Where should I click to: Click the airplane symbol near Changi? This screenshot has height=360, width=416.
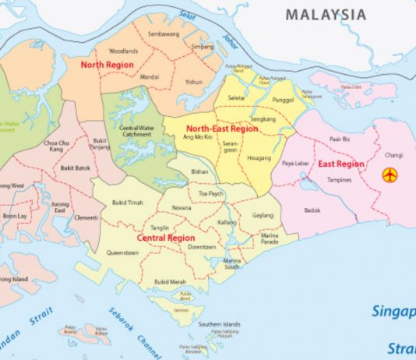390,175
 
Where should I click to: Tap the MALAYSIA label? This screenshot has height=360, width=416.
325,15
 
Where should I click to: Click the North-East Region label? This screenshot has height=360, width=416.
221,128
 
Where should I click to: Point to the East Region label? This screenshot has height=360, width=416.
340,164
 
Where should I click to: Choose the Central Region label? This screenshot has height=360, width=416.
164,237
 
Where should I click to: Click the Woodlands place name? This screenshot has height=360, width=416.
123,51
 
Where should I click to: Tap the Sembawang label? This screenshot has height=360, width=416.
163,35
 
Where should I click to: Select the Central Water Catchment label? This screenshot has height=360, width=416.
136,129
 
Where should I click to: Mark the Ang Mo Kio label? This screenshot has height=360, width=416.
196,137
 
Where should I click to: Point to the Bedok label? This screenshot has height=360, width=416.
312,210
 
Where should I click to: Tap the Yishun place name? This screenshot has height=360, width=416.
194,81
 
